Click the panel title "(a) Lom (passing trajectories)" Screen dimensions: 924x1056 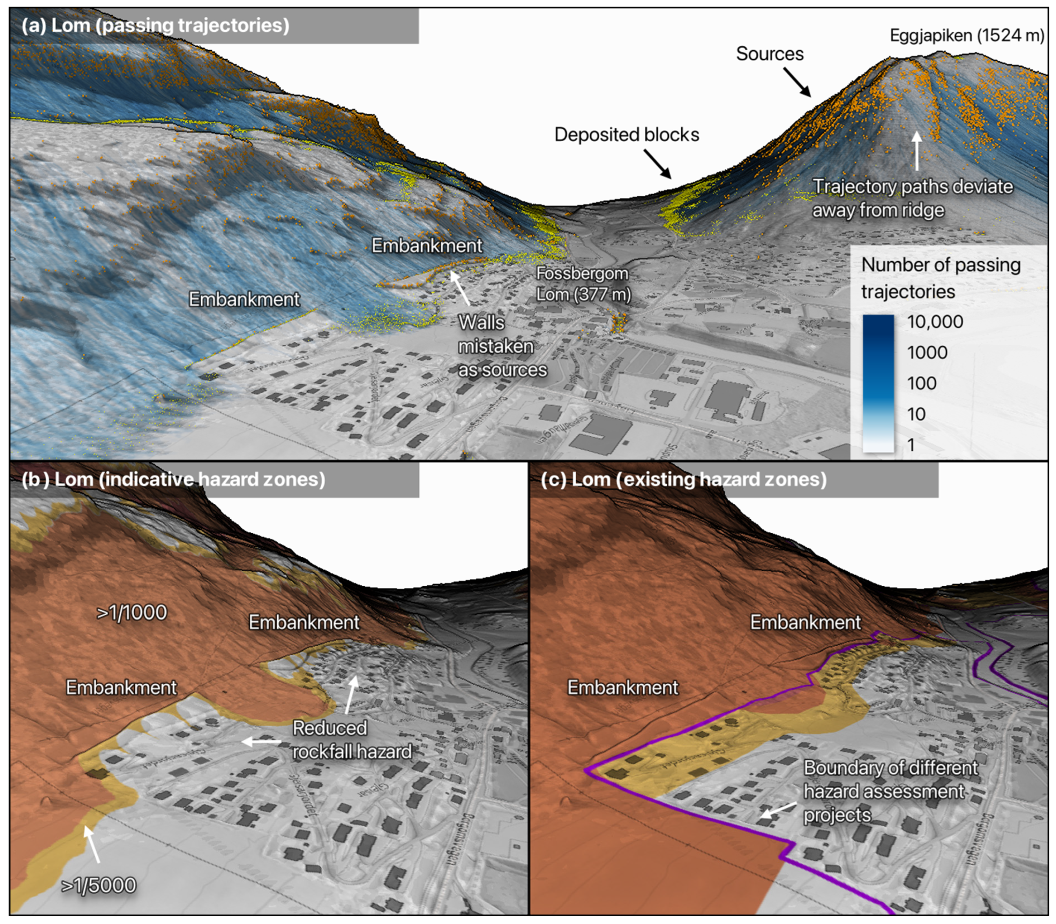pyautogui.click(x=155, y=25)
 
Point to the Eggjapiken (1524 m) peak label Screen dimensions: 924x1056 pyautogui.click(x=967, y=35)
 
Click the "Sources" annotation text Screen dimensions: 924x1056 pyautogui.click(x=769, y=54)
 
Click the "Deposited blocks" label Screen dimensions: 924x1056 pyautogui.click(x=627, y=135)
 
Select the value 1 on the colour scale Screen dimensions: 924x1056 pyautogui.click(x=911, y=444)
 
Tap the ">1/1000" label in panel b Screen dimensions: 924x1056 pyautogui.click(x=132, y=613)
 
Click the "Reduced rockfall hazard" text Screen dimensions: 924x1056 pyautogui.click(x=352, y=740)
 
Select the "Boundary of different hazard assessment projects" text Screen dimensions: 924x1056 pyautogui.click(x=890, y=791)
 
